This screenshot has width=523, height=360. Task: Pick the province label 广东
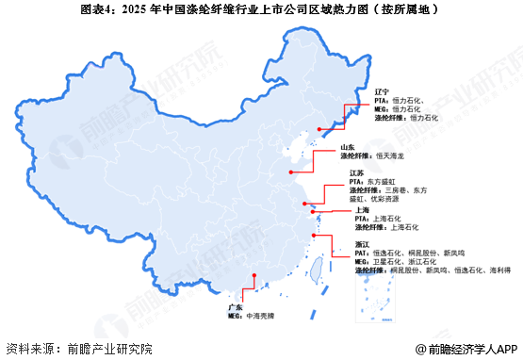pos(235,308)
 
